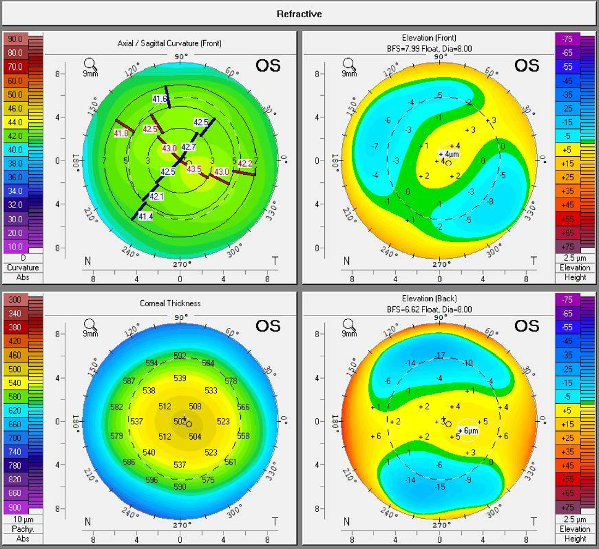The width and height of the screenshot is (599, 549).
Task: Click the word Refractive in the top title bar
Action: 299,14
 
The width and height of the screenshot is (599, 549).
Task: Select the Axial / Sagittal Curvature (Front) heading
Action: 169,43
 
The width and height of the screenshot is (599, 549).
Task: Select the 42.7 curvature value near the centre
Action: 188,147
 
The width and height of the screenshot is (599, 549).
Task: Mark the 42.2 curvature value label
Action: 245,164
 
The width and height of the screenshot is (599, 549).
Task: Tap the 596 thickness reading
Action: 151,480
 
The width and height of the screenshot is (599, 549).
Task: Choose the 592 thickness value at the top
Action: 180,356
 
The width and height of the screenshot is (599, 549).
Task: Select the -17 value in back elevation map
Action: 439,355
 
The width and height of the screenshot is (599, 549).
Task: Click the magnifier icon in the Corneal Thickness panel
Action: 90,324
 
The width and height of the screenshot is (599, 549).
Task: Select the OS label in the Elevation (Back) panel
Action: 527,325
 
